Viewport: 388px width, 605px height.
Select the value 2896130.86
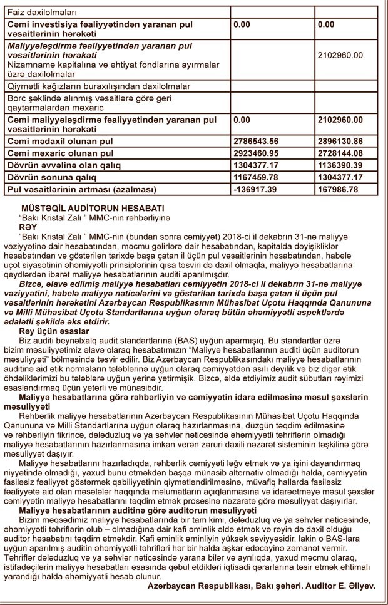coord(340,142)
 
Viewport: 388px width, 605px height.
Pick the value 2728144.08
coord(340,153)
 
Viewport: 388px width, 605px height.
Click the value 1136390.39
coord(340,165)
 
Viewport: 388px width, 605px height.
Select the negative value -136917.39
coord(254,189)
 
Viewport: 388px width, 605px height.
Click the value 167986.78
coord(338,189)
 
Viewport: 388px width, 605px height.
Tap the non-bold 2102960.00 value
coord(340,55)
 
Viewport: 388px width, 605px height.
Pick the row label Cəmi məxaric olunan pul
coord(59,153)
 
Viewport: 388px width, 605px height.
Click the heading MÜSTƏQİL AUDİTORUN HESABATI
coord(93,207)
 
